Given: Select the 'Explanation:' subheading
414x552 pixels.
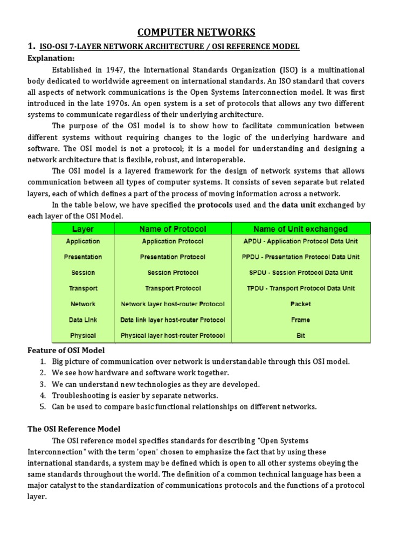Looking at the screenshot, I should pos(52,58).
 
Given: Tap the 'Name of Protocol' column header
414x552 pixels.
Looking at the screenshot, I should pos(172,229).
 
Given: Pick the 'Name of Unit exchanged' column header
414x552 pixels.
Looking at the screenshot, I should pos(301,229).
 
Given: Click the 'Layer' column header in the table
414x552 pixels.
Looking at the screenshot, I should pos(83,229).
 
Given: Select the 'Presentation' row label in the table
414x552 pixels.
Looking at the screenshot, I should pos(83,257).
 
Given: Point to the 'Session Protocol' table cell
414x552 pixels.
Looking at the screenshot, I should pos(172,273).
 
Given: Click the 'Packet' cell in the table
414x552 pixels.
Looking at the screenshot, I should pos(300,304).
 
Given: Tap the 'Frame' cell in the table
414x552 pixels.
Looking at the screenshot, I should pos(300,320).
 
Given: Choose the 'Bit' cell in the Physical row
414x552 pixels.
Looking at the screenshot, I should pos(300,335).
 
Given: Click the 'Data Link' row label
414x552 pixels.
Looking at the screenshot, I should pos(83,320).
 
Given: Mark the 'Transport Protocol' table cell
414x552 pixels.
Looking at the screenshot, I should pos(172,288).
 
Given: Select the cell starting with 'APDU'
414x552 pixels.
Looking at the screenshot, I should pos(300,241).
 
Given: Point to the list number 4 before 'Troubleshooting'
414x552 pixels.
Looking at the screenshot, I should pos(43,395).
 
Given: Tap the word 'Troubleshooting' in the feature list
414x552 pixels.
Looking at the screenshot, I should pos(79,395).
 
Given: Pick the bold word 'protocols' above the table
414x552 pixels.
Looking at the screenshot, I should pos(215,205).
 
